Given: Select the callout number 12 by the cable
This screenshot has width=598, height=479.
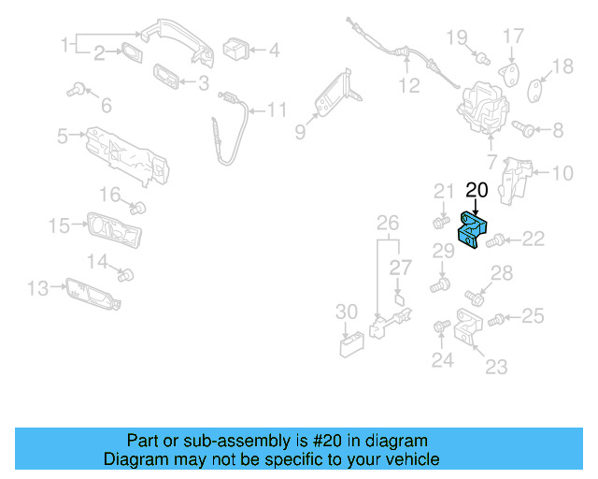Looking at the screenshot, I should pos(410,86).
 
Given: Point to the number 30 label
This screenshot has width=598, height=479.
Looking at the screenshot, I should pos(347,311).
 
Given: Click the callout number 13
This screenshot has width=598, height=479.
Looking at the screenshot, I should pos(37,289).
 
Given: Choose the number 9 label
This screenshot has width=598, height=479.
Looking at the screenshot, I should pos(300,133).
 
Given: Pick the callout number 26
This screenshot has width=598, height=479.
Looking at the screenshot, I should pos(387,223).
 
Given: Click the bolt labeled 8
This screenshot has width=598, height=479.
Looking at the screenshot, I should pos(522,129).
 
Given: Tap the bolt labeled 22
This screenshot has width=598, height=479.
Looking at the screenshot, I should pos(495,240).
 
